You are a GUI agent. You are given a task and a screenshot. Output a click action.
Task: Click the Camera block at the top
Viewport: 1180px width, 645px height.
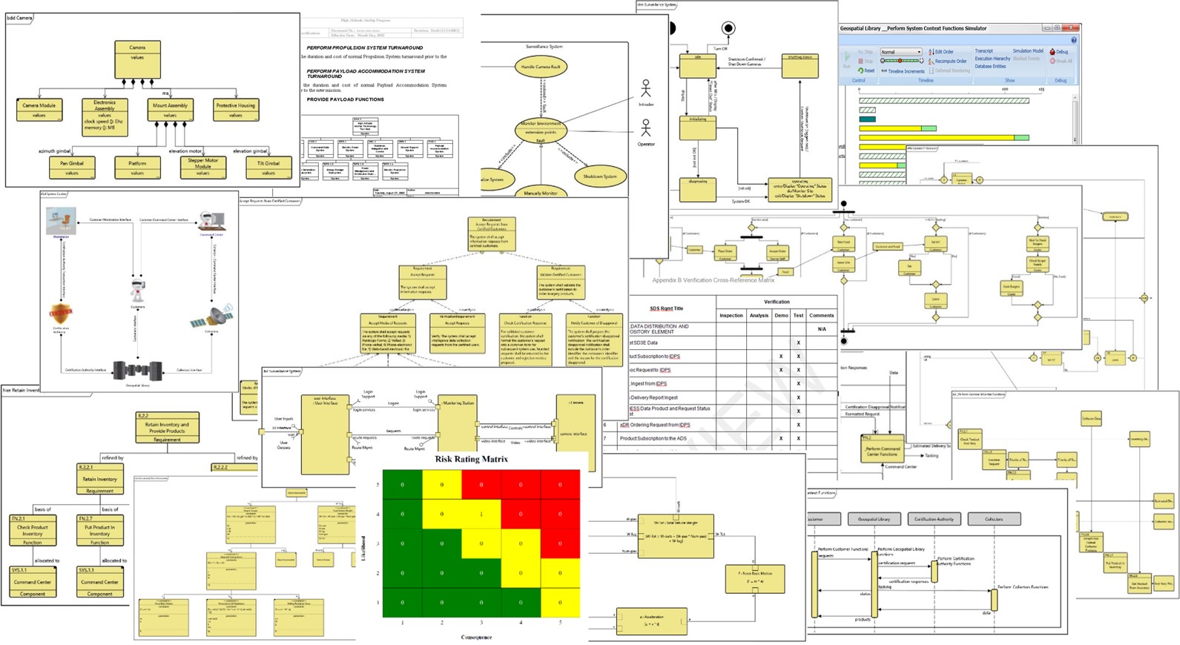[137, 59]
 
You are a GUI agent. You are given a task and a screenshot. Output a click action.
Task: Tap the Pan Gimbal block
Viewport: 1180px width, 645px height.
[72, 168]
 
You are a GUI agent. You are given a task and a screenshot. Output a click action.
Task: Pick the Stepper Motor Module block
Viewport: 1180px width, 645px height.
[202, 167]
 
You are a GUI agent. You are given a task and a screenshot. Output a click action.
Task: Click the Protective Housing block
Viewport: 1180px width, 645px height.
[235, 110]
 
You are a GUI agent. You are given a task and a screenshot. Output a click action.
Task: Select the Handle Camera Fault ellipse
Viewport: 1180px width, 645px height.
[541, 67]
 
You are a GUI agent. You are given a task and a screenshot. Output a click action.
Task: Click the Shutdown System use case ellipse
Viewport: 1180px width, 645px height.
[599, 176]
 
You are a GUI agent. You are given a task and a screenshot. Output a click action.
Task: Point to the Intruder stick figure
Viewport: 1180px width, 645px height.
[646, 90]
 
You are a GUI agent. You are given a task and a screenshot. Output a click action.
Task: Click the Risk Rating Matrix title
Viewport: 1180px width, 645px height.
[471, 460]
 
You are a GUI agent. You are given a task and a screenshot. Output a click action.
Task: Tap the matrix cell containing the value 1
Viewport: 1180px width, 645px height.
[481, 514]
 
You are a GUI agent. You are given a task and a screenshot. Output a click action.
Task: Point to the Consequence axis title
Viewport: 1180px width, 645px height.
[475, 637]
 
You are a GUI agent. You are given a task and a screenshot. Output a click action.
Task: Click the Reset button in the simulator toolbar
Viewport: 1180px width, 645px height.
[866, 71]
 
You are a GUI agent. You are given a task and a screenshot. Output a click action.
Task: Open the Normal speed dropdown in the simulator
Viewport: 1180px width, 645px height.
[900, 52]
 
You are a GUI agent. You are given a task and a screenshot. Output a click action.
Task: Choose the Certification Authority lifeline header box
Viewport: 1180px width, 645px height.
[934, 519]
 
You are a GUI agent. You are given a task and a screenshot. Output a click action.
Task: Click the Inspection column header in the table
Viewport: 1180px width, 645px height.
[731, 315]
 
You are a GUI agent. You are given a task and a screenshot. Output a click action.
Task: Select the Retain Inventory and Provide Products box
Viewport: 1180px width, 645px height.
[167, 428]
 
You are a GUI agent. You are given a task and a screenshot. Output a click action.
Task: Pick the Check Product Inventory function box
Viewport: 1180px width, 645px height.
[32, 530]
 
